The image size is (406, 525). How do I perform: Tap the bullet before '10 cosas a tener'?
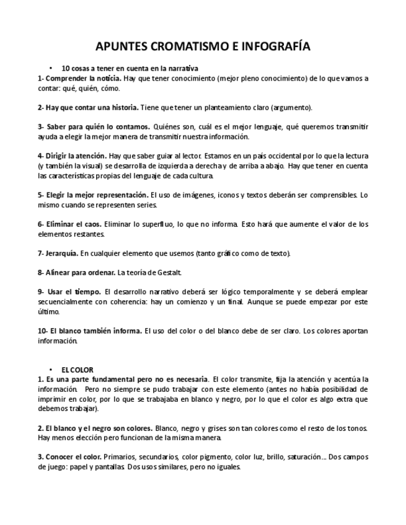coord(50,68)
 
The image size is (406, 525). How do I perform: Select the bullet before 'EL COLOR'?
coord(50,370)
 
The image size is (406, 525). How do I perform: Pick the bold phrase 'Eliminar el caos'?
coord(74,224)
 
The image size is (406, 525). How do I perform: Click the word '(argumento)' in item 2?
coord(293,107)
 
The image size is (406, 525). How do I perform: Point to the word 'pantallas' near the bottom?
coord(108,467)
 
